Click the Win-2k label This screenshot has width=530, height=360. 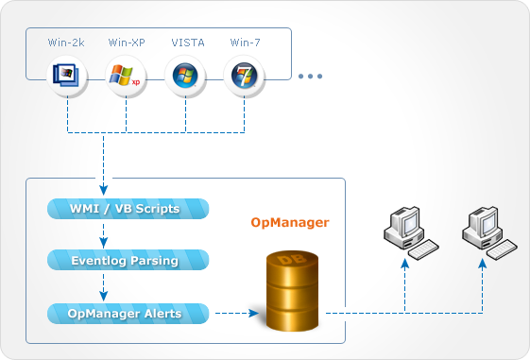coord(67,43)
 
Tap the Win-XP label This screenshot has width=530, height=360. coord(126,43)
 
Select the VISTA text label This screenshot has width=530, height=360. coord(185,43)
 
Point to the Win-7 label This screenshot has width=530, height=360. coord(245,43)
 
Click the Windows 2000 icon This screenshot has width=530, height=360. coord(67,75)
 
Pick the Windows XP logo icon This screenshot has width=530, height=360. coord(126,75)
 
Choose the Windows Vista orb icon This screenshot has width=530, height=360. coord(185,75)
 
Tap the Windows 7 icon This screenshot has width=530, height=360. coord(245,75)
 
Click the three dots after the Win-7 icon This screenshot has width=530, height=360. coord(311,76)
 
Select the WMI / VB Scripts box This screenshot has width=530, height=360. coord(127,208)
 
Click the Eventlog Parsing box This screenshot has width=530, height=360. coord(127,260)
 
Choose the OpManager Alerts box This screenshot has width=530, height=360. coord(127,313)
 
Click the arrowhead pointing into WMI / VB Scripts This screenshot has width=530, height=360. coord(101,188)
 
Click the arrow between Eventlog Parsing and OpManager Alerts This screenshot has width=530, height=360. coord(101,286)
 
